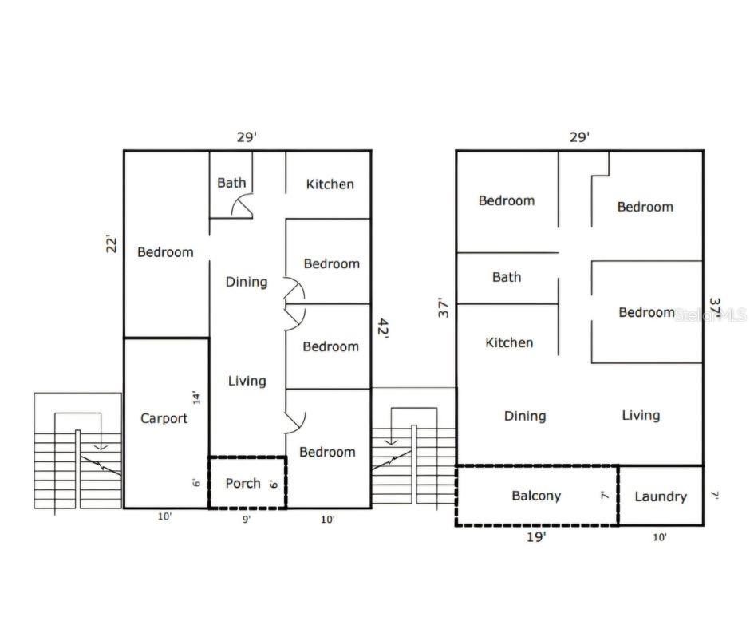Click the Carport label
(164, 418)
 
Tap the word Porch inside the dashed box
(243, 483)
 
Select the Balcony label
(536, 496)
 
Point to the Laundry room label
(661, 496)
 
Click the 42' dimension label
(383, 328)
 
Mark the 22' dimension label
(112, 243)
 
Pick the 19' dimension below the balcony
(536, 537)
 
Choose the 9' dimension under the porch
(247, 519)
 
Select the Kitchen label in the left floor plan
(330, 184)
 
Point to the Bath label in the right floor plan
(507, 277)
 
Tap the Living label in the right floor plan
(641, 415)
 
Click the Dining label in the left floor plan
(247, 282)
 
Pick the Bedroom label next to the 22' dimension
(165, 252)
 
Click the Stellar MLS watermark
(710, 315)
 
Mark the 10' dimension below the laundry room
(660, 537)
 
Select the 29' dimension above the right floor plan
(579, 136)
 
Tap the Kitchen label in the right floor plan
(509, 342)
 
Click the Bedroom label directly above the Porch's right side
(327, 452)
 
